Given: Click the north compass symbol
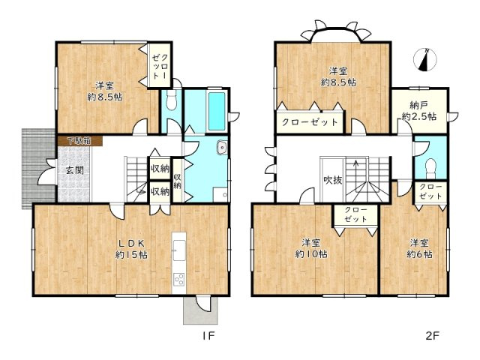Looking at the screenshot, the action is pos(424,60).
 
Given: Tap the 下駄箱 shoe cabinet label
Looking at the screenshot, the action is pos(79,141).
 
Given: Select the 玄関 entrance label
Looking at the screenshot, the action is pos(75,170).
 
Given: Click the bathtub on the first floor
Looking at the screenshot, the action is pos(217,111).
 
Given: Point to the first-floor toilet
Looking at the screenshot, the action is pos(171,100).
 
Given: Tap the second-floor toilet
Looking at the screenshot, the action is pos(430,167).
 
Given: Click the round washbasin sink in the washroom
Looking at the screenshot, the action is pos(221,148).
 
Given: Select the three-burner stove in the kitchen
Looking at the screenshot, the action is pos(178,279).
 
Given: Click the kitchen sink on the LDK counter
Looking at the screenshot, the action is pos(179,250).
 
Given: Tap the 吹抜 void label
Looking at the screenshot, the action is pos(333,180).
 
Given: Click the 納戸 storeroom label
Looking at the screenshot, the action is pos(418,106).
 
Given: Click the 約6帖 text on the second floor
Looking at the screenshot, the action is pos(419,253).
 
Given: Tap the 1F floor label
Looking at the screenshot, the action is pos(208,336).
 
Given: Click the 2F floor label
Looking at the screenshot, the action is pos(433,336).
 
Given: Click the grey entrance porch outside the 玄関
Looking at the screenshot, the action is pos(38,168).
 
